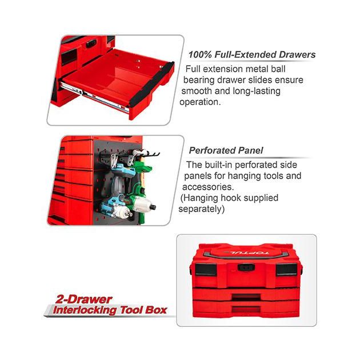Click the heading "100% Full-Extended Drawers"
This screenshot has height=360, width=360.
[252, 55]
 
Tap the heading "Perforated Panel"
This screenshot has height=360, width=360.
[226, 151]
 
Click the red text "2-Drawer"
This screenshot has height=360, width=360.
[83, 299]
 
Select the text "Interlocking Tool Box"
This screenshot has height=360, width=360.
[110, 310]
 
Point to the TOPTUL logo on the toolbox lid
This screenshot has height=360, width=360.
[246, 253]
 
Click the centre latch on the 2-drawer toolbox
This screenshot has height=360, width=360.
[246, 267]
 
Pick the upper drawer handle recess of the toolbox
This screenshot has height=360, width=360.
[246, 297]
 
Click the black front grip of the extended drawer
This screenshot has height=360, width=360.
[151, 85]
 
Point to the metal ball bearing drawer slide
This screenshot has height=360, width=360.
[94, 97]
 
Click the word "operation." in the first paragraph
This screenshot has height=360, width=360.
[200, 102]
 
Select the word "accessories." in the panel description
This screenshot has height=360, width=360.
[208, 187]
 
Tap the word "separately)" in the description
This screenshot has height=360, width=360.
[201, 209]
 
